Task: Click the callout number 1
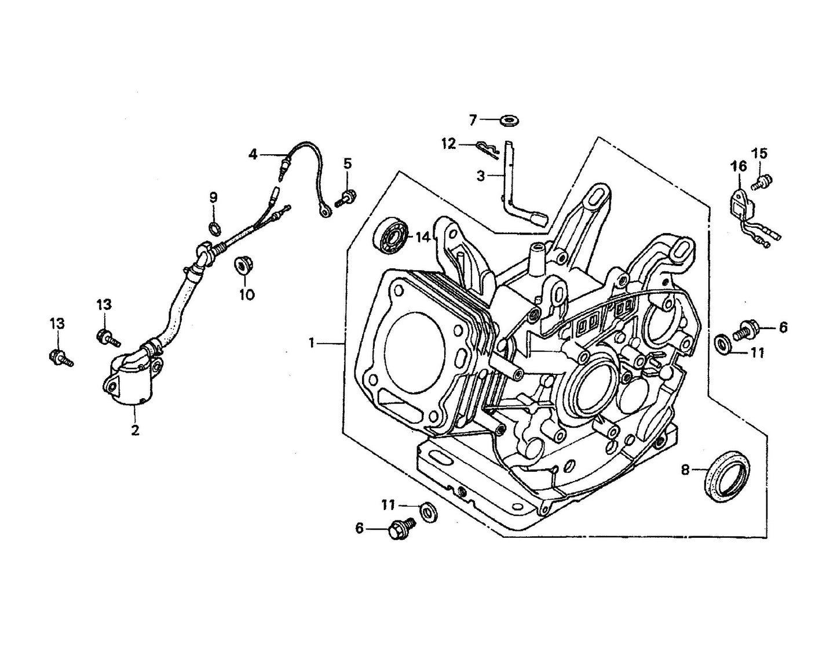312,344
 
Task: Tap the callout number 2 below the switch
135,431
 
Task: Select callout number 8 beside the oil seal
686,470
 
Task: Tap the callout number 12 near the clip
449,143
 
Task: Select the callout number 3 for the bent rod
481,176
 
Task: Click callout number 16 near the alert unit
739,168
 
